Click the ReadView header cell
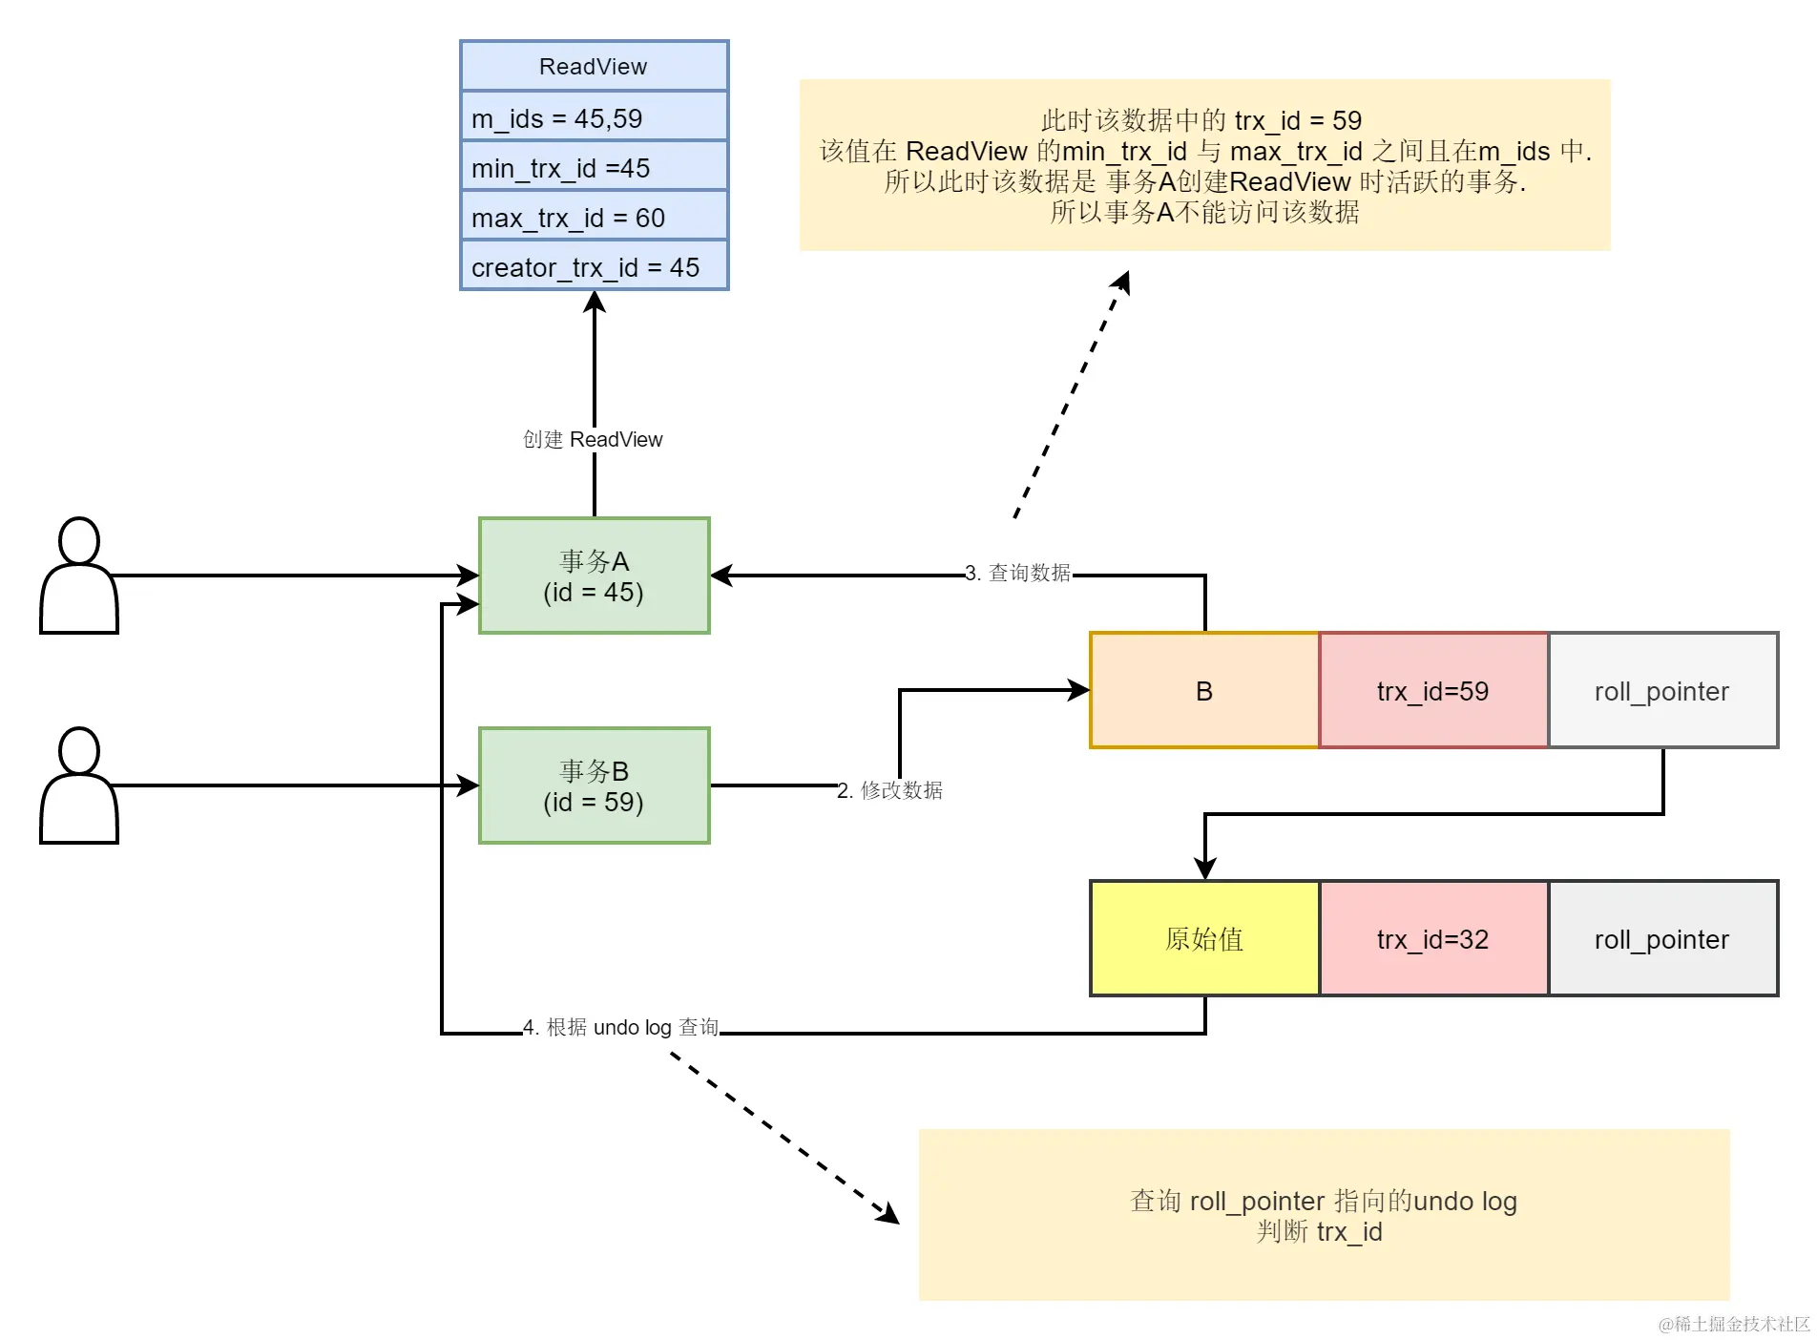coord(594,66)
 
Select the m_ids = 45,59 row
coord(594,118)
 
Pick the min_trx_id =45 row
coord(594,168)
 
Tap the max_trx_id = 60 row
coord(594,218)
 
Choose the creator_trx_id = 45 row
coord(594,267)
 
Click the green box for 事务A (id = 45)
coord(594,576)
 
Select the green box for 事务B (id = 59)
coord(594,785)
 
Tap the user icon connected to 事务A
coord(79,576)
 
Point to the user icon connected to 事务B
coord(79,785)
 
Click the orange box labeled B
coord(1204,690)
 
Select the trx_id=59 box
coord(1432,690)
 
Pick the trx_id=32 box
coord(1432,938)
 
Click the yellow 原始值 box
coord(1204,938)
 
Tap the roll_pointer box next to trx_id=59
coord(1661,690)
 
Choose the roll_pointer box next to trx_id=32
coord(1661,938)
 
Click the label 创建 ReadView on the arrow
coord(593,439)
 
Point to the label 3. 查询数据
coord(1017,573)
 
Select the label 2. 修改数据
coord(889,790)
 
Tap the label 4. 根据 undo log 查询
coord(620,1027)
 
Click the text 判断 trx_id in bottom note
coord(1320,1232)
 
